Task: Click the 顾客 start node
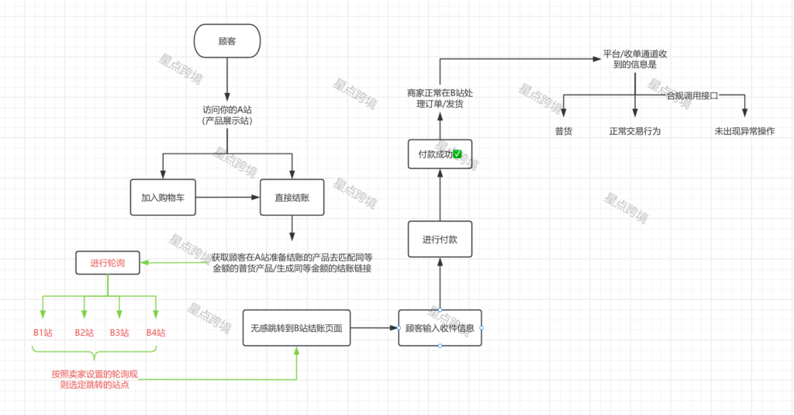(x=227, y=41)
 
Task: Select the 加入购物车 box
(x=162, y=198)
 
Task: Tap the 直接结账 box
(x=292, y=198)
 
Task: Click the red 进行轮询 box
(x=108, y=262)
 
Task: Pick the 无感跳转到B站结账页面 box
(x=296, y=328)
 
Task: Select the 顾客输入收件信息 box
(x=440, y=328)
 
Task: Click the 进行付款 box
(x=440, y=239)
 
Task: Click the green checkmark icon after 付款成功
(x=457, y=154)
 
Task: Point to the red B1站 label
(x=43, y=333)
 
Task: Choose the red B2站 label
(x=85, y=333)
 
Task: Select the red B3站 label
(x=119, y=333)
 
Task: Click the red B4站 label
(x=156, y=333)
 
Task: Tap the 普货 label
(x=564, y=131)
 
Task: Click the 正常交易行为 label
(x=635, y=131)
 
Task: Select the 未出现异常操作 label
(x=744, y=131)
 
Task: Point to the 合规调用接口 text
(x=692, y=95)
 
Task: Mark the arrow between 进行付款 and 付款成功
(x=440, y=195)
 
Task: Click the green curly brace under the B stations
(x=94, y=356)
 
